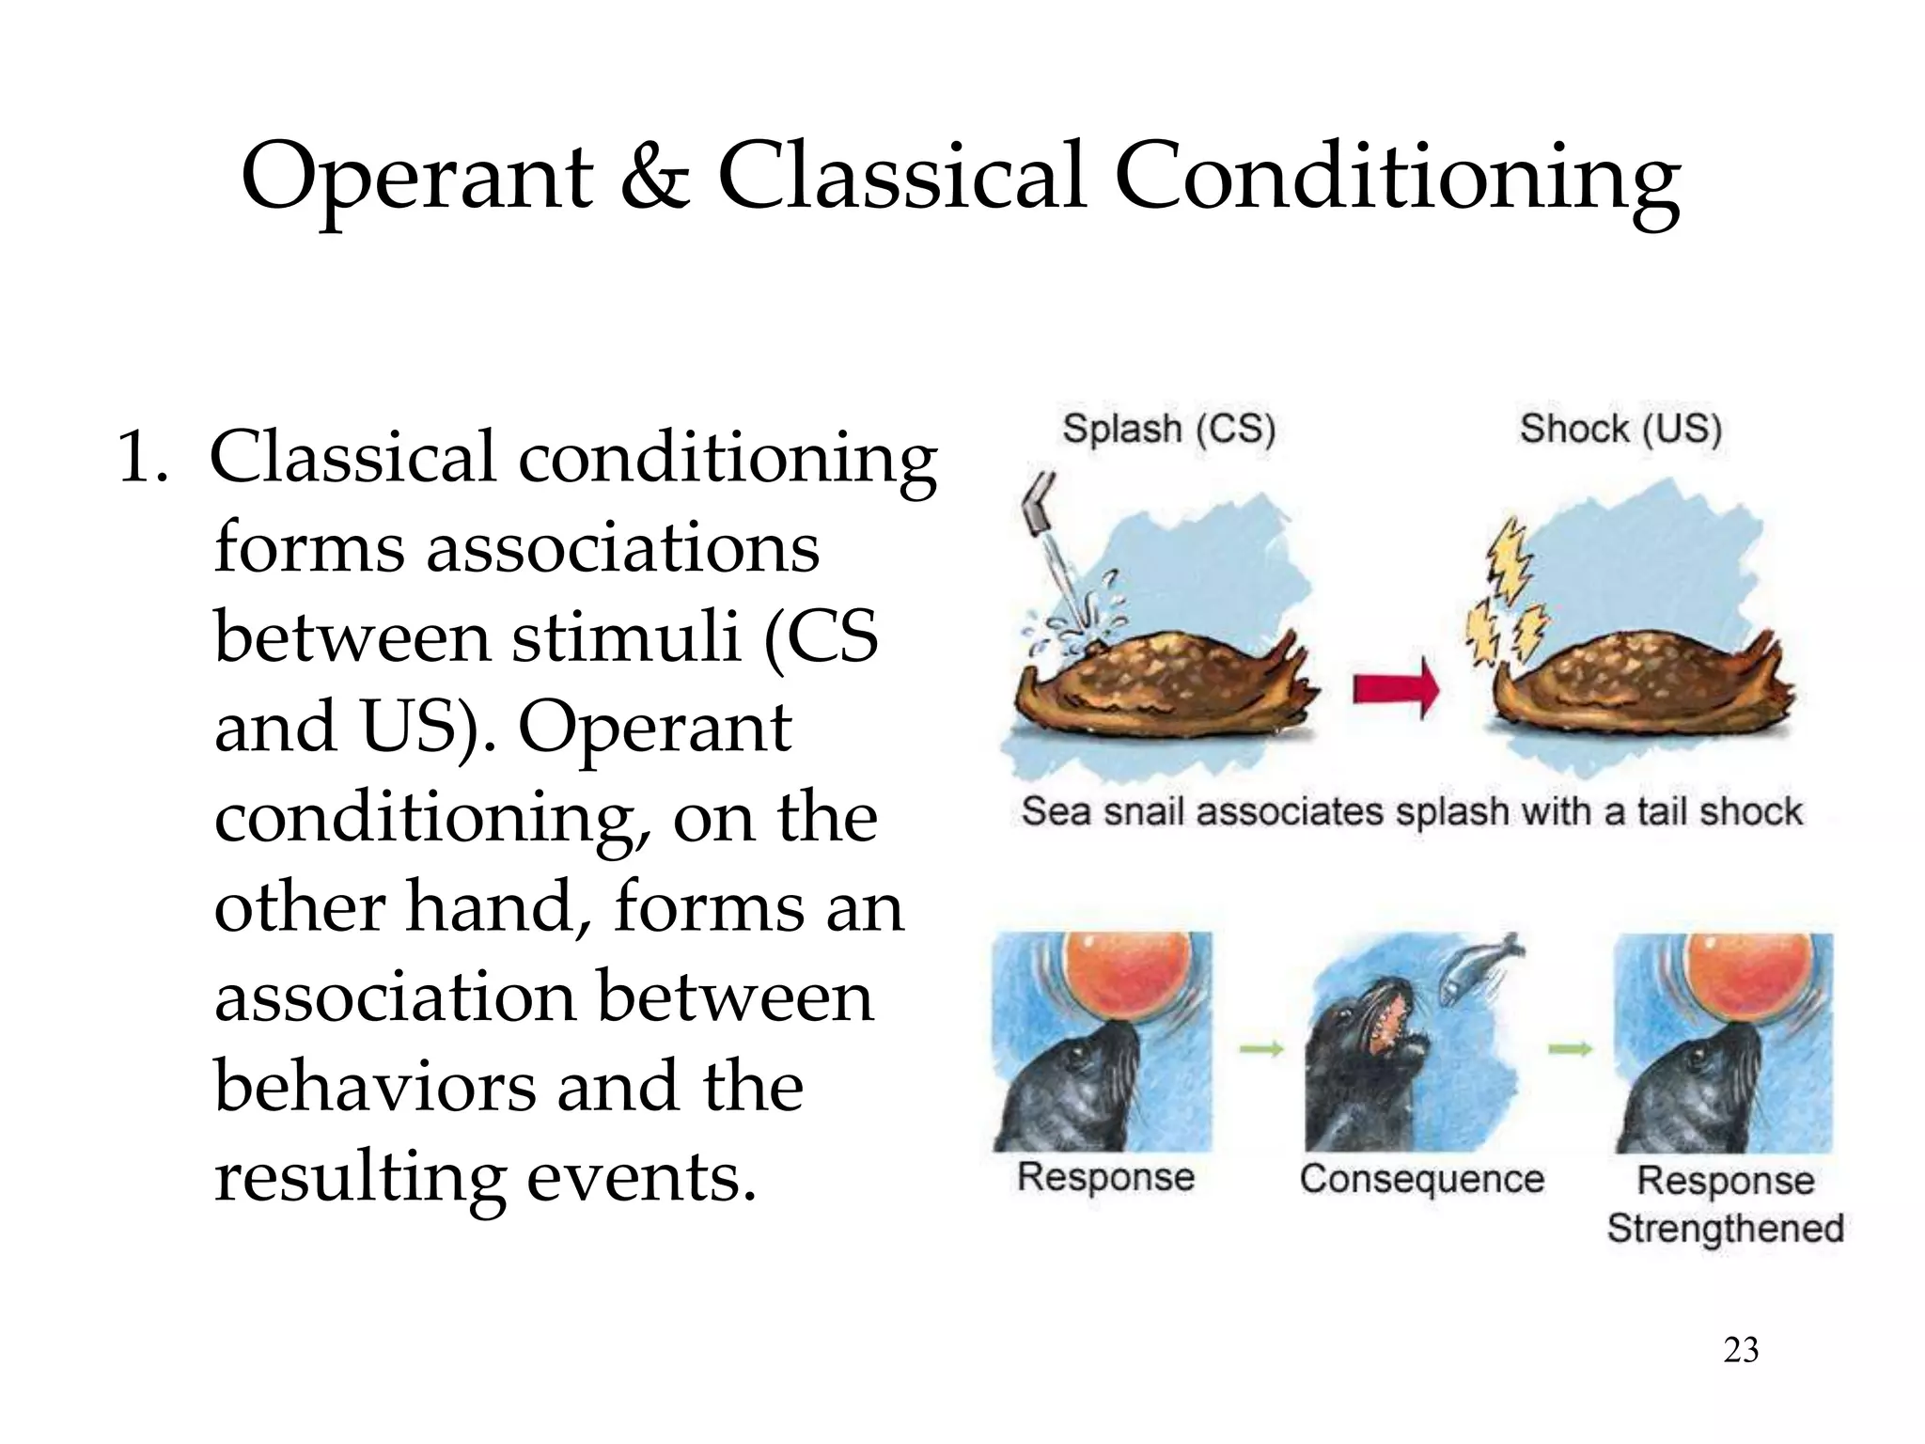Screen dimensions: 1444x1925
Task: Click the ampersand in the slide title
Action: click(x=655, y=177)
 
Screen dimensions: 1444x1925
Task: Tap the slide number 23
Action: click(x=1741, y=1350)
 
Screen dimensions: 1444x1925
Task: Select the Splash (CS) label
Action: click(x=1168, y=429)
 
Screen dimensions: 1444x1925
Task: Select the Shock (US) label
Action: click(x=1620, y=429)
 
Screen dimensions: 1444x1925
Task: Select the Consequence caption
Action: click(x=1421, y=1179)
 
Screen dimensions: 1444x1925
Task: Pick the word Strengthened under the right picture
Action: click(x=1725, y=1229)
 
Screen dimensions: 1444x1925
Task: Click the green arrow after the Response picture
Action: click(x=1261, y=1049)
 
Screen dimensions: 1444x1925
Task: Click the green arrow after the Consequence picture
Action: click(x=1570, y=1049)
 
